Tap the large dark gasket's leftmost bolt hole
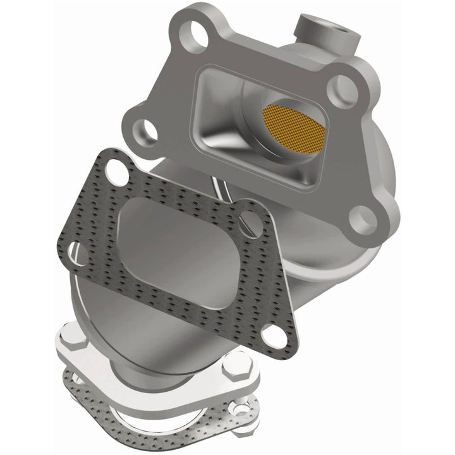point(75,253)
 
